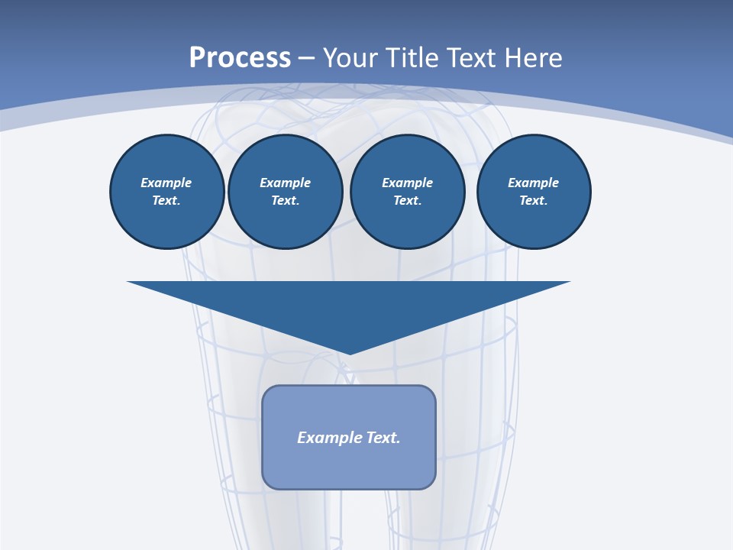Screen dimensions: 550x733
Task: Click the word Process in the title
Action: coord(240,58)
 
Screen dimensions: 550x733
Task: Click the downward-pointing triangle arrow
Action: coord(349,306)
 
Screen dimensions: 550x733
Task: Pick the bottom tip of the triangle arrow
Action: coord(349,353)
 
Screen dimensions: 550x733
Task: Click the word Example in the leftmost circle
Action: coord(166,183)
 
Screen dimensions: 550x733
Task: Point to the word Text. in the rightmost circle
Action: coord(534,200)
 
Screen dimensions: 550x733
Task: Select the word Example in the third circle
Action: coord(408,183)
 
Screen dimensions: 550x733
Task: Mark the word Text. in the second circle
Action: coord(286,200)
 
